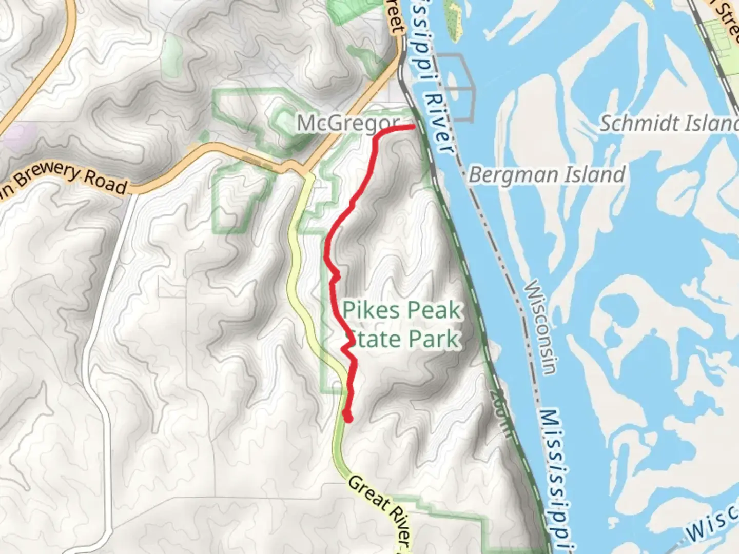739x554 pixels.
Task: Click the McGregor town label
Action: point(348,124)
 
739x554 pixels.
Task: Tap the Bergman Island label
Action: point(547,175)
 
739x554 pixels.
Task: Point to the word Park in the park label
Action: point(433,339)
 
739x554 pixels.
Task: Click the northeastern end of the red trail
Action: point(413,126)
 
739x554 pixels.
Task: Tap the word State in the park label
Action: point(372,339)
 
